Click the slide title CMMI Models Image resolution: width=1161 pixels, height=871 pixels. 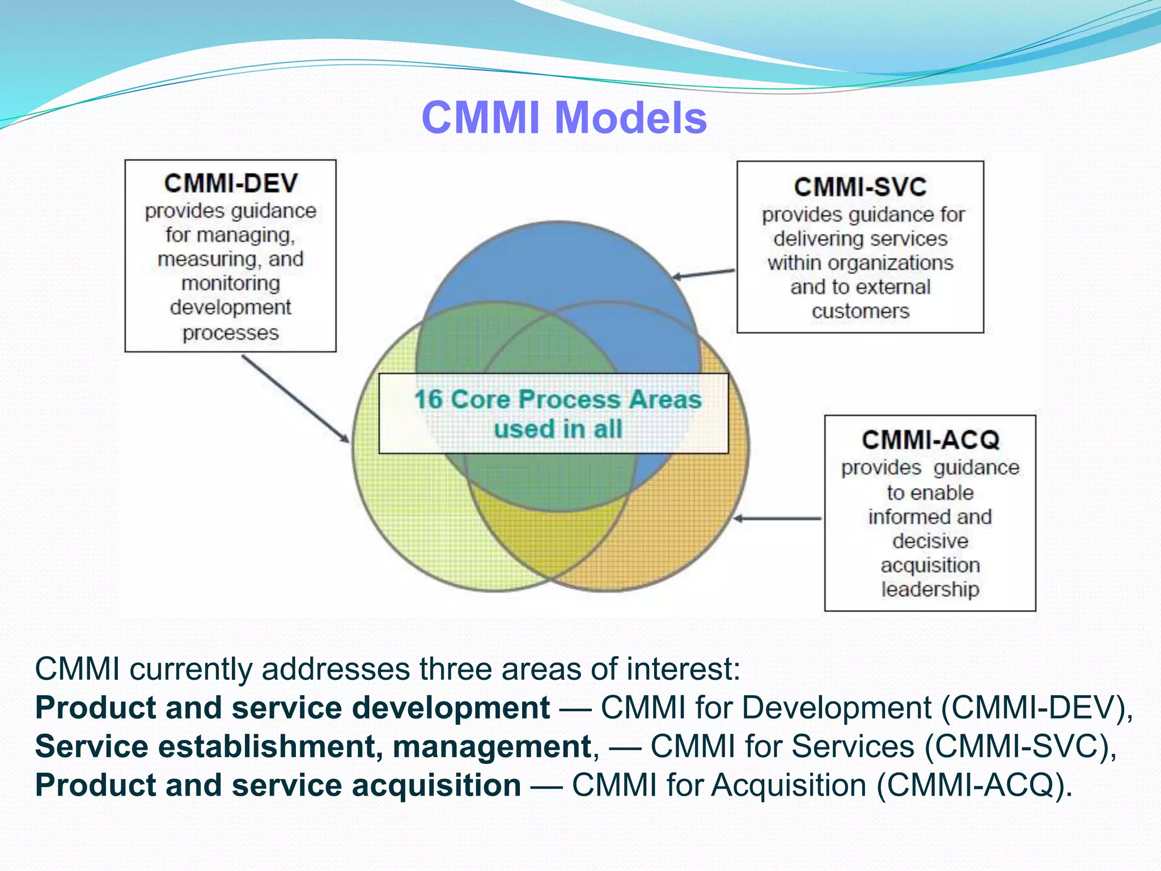tap(564, 118)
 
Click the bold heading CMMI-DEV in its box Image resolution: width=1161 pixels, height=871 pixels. tap(231, 183)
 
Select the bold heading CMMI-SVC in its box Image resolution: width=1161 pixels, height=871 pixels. tap(860, 187)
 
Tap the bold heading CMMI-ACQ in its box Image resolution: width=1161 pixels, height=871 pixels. tap(930, 440)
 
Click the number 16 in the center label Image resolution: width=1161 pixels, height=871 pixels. tap(428, 399)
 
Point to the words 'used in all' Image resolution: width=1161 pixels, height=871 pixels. tap(558, 429)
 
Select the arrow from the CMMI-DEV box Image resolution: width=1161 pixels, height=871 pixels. tap(295, 398)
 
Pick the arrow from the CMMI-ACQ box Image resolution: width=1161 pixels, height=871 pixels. tap(777, 518)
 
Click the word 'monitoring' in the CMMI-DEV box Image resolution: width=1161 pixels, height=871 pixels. tap(231, 283)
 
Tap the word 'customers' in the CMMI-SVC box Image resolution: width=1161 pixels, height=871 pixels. tap(860, 311)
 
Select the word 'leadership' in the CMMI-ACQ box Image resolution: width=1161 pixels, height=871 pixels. tap(930, 589)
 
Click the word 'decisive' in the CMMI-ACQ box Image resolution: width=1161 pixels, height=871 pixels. tap(930, 541)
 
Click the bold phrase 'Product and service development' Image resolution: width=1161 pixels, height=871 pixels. tap(292, 708)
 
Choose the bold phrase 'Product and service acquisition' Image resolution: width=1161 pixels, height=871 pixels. tap(278, 785)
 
